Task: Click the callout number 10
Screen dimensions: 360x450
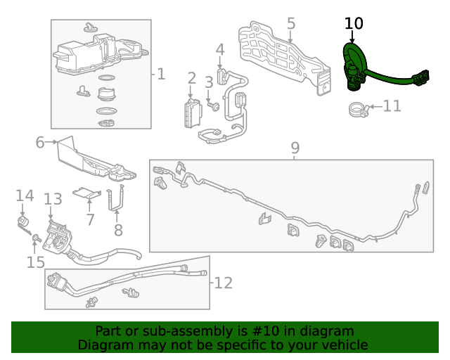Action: pyautogui.click(x=354, y=23)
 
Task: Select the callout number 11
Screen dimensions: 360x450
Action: pyautogui.click(x=392, y=106)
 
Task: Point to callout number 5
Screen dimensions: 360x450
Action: pyautogui.click(x=291, y=24)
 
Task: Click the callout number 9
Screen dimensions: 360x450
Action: pyautogui.click(x=295, y=148)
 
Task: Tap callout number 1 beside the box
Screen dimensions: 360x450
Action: pyautogui.click(x=161, y=73)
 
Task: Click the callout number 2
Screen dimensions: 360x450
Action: pyautogui.click(x=191, y=78)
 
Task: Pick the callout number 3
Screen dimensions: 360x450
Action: pyautogui.click(x=209, y=83)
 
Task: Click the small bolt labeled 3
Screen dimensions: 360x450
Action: pyautogui.click(x=214, y=105)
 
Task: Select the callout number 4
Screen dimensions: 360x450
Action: pyautogui.click(x=220, y=50)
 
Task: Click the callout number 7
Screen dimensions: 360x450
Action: pyautogui.click(x=89, y=219)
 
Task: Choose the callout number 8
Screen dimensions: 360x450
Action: pyautogui.click(x=117, y=229)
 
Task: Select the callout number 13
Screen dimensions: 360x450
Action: pyautogui.click(x=53, y=200)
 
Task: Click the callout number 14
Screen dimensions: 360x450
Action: pyautogui.click(x=25, y=195)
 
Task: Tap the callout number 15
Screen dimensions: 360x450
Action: pyautogui.click(x=35, y=262)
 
